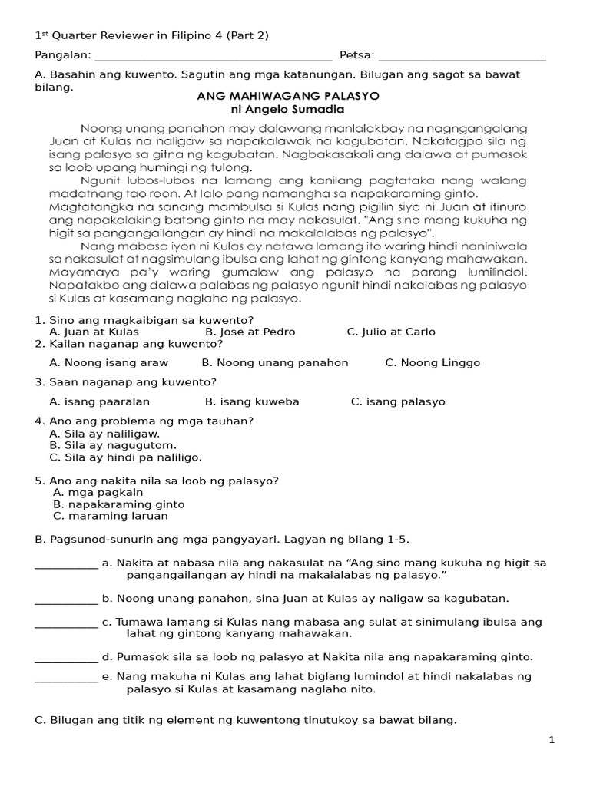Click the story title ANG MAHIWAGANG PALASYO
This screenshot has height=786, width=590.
[x=288, y=97]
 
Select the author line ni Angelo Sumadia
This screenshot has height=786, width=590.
[x=288, y=110]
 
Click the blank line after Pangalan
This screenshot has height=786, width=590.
[x=214, y=56]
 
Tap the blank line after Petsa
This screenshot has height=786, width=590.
[x=462, y=56]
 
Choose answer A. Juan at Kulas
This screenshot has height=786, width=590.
[x=94, y=332]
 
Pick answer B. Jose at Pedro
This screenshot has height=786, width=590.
[x=250, y=332]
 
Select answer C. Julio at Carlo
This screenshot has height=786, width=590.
[x=391, y=332]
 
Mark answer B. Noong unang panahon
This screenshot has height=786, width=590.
[x=275, y=362]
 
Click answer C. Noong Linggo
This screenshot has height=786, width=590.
[x=433, y=362]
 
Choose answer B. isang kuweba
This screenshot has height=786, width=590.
[x=252, y=401]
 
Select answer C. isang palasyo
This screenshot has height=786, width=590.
[x=398, y=401]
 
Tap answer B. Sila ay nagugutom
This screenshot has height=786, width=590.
[x=113, y=445]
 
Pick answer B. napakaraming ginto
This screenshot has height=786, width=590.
[x=119, y=504]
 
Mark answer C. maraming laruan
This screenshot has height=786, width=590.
[x=113, y=517]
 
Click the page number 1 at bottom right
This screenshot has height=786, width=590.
[x=552, y=740]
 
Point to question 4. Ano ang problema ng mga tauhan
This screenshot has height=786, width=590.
[x=144, y=421]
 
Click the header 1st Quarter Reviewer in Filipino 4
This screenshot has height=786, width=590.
[x=151, y=35]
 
